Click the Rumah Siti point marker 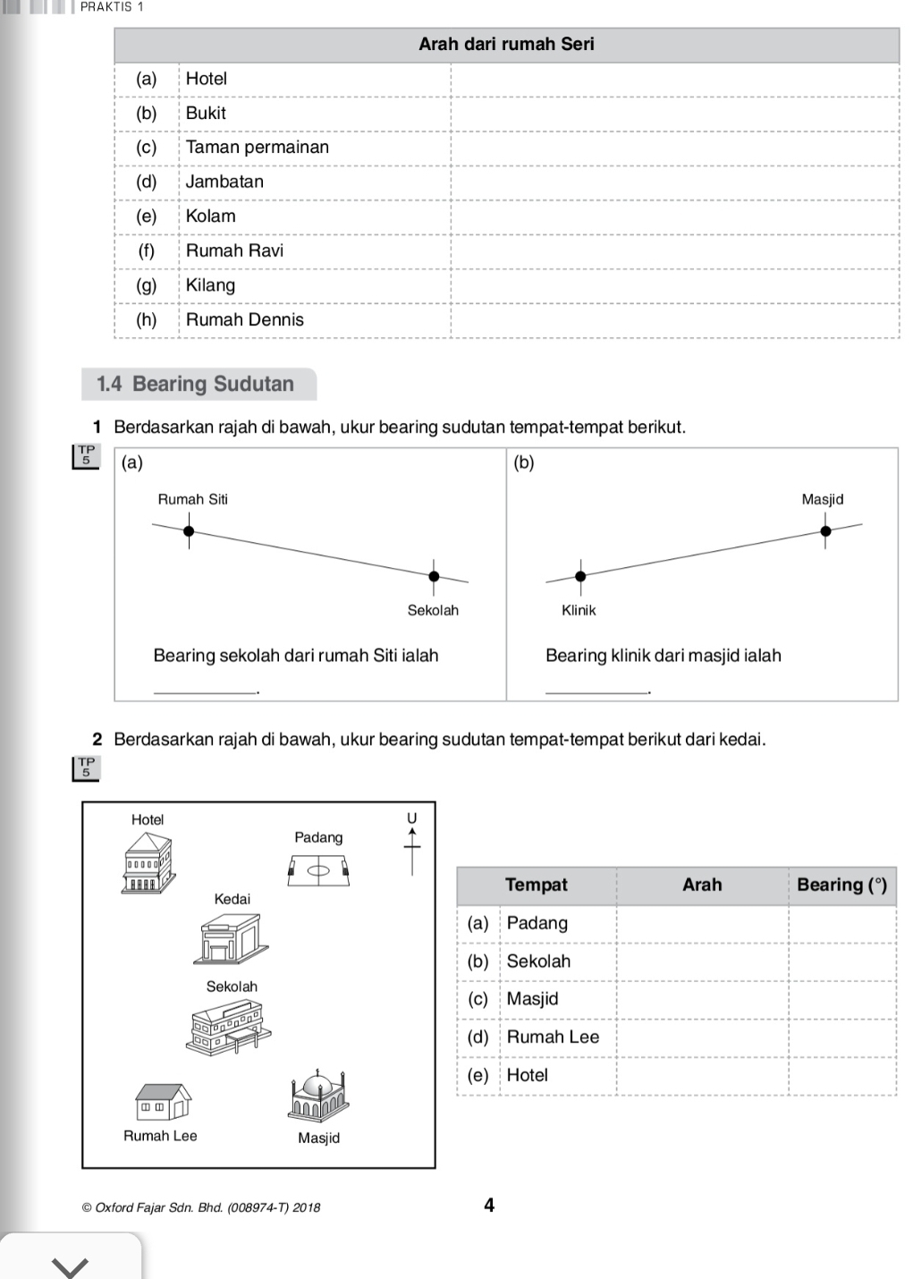pos(189,531)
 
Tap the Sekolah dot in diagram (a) pos(434,577)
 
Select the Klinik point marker pos(580,577)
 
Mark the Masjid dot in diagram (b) pos(825,531)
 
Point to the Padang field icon pos(318,869)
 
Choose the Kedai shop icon pos(230,938)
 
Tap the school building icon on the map pos(229,1028)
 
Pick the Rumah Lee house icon pos(163,1102)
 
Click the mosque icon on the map pos(317,1097)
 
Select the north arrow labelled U pos(412,845)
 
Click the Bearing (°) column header pos(841,885)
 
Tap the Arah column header pos(702,885)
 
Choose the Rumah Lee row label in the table pos(553,1038)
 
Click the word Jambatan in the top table pos(224,182)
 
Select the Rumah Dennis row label pos(244,320)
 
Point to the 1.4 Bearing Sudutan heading pos(195,385)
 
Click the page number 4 pos(489,1206)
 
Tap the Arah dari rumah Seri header pos(506,45)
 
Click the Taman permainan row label pos(257,148)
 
